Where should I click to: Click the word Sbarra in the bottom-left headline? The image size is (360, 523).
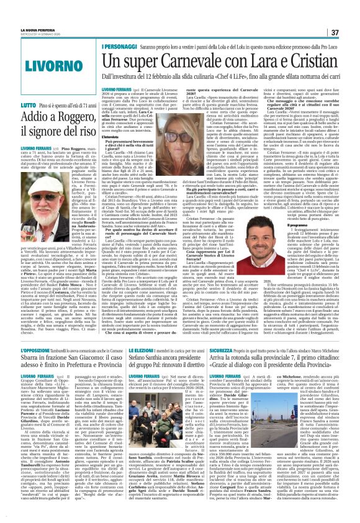(25, 360)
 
